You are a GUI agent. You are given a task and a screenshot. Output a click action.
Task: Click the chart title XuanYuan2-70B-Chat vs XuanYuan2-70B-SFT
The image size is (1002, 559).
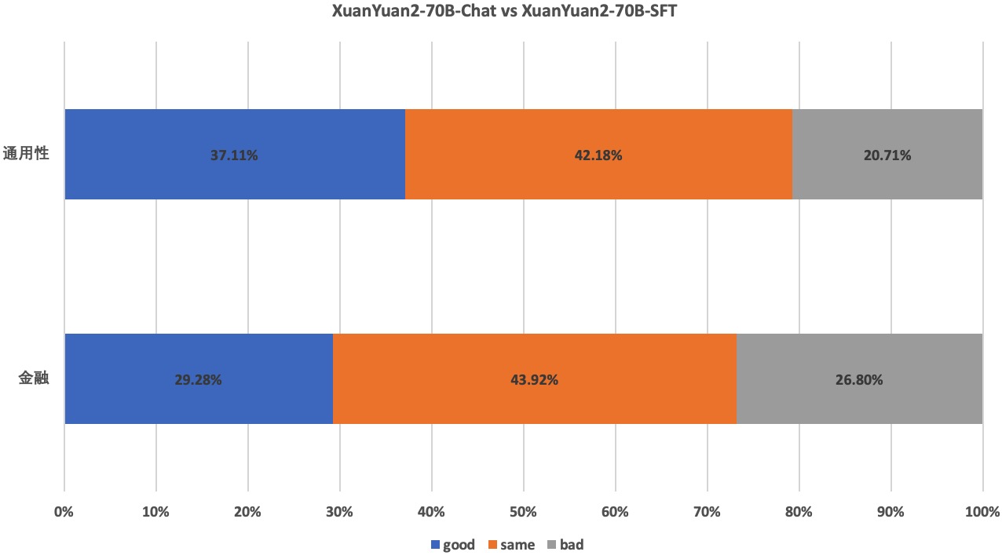500,12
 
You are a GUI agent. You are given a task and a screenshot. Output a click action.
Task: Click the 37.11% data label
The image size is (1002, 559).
234,155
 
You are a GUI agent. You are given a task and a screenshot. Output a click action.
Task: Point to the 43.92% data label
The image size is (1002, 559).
534,380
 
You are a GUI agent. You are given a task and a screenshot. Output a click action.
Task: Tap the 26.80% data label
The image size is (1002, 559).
859,380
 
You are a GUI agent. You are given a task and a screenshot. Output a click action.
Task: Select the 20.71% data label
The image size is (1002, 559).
887,155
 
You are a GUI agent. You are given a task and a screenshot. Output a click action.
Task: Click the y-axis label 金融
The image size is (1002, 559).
34,378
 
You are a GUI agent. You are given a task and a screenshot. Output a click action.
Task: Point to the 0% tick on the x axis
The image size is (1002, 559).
64,512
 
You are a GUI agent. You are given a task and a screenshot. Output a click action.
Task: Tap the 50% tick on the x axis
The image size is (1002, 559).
523,512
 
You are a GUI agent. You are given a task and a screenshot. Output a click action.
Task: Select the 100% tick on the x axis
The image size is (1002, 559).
982,512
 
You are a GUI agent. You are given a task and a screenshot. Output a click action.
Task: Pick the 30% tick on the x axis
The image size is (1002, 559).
339,512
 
